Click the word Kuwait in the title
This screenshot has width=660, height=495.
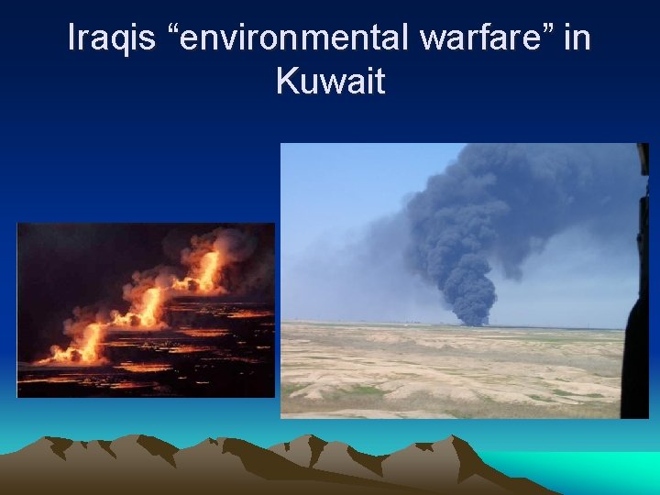click(x=330, y=82)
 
